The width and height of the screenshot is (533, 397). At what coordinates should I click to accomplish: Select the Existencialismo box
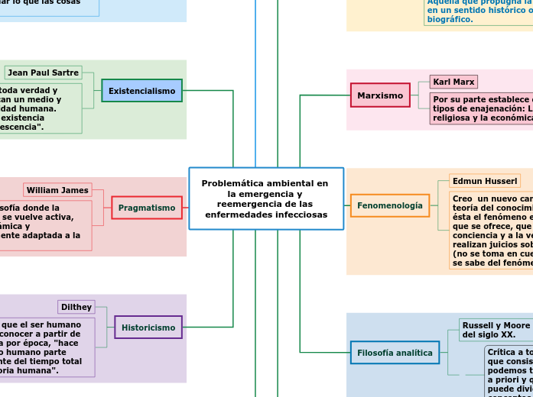tap(141, 91)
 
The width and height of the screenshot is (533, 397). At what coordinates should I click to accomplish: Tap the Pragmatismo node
tap(146, 208)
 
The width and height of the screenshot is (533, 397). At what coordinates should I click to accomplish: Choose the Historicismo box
tap(148, 328)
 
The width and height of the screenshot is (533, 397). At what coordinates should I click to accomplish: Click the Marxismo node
tap(380, 95)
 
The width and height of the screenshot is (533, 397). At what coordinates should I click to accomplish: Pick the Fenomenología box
tap(389, 205)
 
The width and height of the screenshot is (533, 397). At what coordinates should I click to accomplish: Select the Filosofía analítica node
tap(395, 353)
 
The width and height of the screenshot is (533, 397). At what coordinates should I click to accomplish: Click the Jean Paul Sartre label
tap(43, 73)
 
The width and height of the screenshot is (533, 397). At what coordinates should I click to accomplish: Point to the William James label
tap(57, 190)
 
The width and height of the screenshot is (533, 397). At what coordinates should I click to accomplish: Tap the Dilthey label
tap(76, 307)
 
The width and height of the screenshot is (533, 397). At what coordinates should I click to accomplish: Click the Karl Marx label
tap(453, 82)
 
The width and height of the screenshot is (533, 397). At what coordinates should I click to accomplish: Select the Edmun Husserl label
tap(485, 181)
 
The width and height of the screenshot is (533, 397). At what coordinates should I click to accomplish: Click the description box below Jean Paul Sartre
tap(38, 108)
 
